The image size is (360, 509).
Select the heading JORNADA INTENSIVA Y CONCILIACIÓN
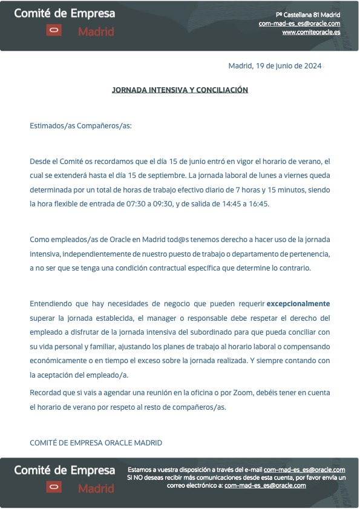tap(180, 90)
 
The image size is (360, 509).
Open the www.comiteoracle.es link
tap(311, 32)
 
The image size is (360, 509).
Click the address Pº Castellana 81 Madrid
tap(308, 15)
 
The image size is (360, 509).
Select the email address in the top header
tap(299, 24)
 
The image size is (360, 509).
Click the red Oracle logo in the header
tap(54, 30)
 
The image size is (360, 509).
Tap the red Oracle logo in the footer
tap(54, 487)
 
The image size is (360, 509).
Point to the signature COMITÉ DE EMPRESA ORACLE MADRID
tap(96, 442)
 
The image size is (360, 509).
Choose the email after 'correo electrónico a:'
tap(265, 485)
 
